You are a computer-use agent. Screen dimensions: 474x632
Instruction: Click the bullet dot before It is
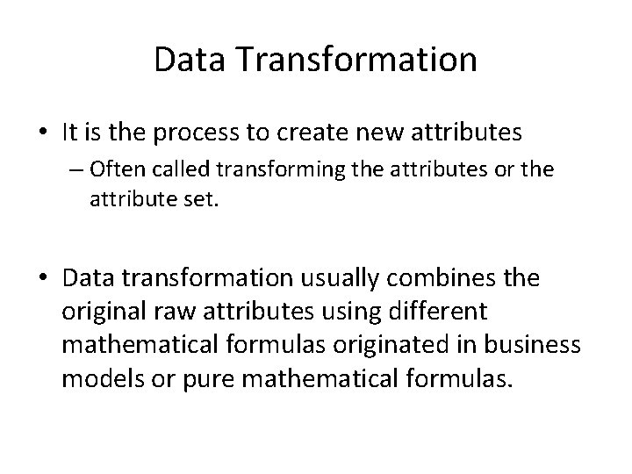click(45, 133)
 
